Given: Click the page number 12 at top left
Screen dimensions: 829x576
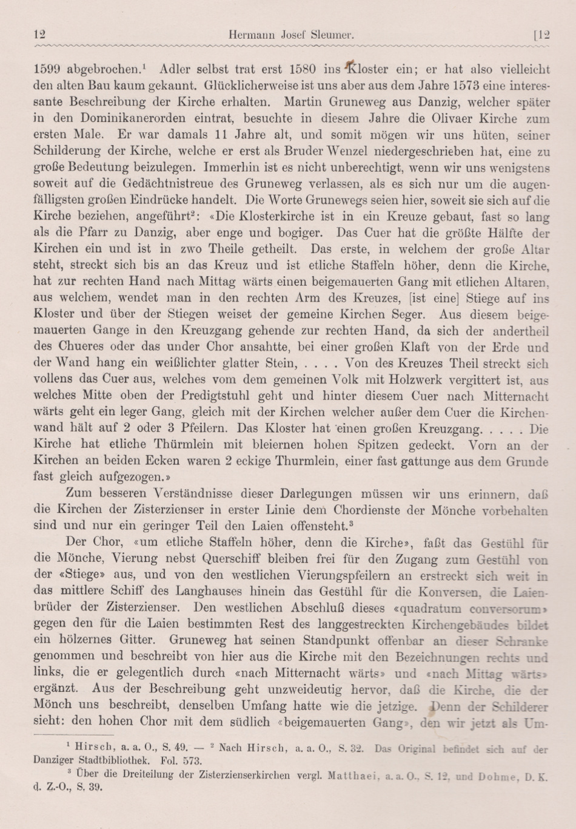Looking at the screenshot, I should click(x=40, y=35).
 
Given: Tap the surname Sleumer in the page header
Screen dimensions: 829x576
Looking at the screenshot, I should click(x=331, y=36).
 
